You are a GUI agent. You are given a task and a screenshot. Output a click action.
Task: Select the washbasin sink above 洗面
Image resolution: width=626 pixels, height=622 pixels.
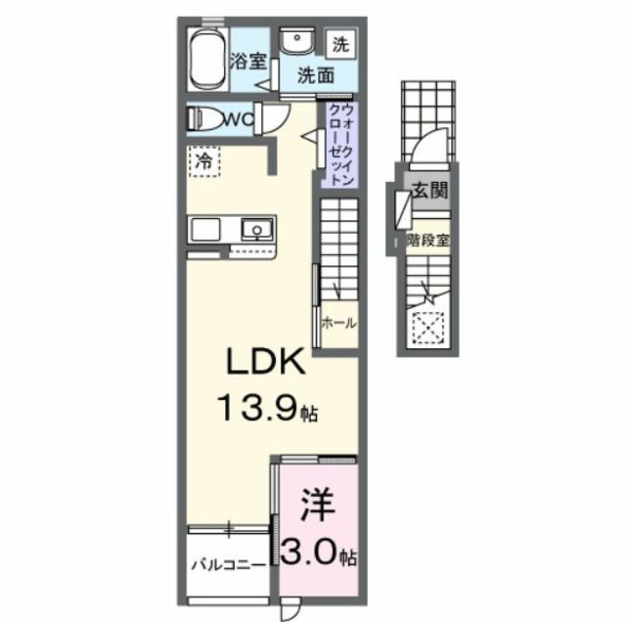tap(291, 42)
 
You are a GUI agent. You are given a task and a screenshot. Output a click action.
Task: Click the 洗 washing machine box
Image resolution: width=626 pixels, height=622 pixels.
tap(339, 43)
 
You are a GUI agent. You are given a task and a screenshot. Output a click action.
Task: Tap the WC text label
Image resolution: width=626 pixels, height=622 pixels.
tap(241, 119)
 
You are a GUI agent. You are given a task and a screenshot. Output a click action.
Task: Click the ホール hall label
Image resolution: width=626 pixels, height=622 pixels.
tap(338, 324)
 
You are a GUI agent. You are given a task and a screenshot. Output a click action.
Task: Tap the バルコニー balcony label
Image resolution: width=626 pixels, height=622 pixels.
tap(226, 565)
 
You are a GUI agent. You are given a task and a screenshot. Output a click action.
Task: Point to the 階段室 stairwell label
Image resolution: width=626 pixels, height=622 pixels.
tap(427, 239)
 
